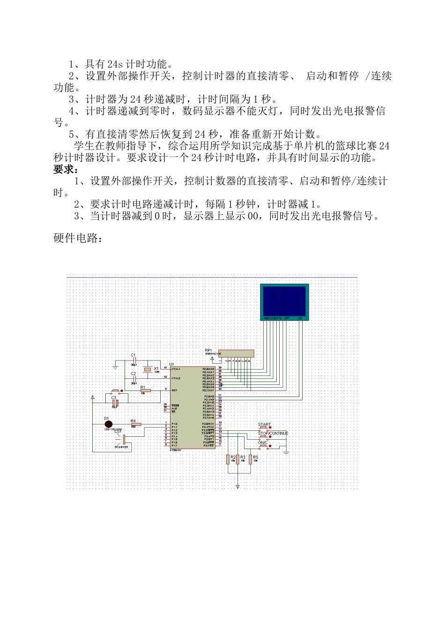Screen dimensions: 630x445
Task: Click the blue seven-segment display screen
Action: [x=284, y=301]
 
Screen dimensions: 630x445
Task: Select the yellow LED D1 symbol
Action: [x=109, y=424]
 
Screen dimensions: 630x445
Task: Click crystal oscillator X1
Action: [x=148, y=369]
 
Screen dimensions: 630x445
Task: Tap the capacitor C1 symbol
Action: [x=134, y=360]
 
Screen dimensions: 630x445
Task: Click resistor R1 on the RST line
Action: [x=146, y=390]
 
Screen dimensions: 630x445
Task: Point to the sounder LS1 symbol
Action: [x=124, y=439]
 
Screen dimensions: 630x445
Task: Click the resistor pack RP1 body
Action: [x=237, y=353]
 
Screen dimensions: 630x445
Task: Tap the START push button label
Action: [x=264, y=424]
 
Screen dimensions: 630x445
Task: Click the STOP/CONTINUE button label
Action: [x=273, y=433]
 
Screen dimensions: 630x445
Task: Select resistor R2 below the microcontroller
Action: [x=229, y=459]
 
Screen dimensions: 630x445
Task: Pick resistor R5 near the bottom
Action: [x=251, y=459]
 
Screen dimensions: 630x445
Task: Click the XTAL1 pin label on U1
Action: [x=176, y=369]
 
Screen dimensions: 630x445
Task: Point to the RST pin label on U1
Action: [x=174, y=390]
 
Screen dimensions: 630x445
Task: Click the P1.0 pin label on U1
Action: [x=174, y=424]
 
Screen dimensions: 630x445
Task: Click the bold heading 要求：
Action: [x=66, y=170]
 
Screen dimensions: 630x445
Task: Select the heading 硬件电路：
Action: [x=78, y=239]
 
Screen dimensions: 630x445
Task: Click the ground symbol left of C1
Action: [x=115, y=367]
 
